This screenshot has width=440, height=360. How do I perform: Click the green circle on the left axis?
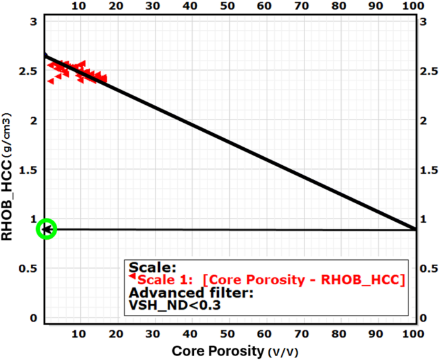point(47,229)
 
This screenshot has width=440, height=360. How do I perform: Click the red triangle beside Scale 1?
point(132,276)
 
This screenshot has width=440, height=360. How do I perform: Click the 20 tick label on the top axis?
point(116,6)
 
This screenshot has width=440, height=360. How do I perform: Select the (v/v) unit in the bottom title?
point(277,352)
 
